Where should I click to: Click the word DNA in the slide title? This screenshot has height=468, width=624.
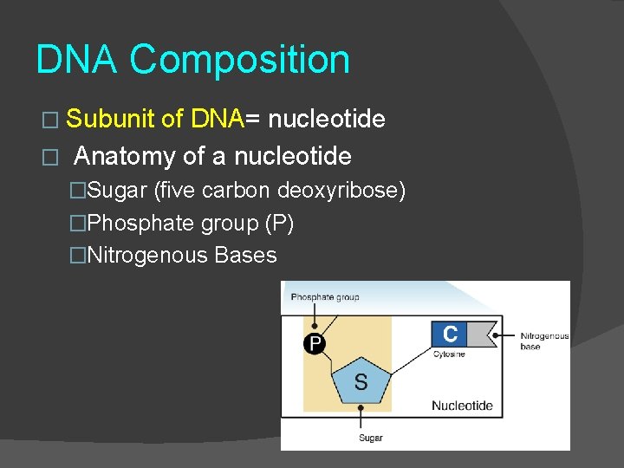click(78, 61)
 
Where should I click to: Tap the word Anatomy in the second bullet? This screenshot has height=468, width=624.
click(125, 157)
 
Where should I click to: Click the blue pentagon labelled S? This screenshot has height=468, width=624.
click(361, 380)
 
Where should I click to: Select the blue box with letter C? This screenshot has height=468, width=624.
click(451, 335)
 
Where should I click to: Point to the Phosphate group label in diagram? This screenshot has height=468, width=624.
click(324, 297)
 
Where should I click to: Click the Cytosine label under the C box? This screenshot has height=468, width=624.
click(449, 354)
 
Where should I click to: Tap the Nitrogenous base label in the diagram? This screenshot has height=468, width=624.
click(544, 341)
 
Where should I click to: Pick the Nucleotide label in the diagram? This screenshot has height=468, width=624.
click(462, 405)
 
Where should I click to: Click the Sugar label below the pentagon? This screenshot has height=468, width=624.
click(371, 438)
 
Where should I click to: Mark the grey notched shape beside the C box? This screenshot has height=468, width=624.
click(484, 335)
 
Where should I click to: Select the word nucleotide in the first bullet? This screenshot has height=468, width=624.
click(327, 119)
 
